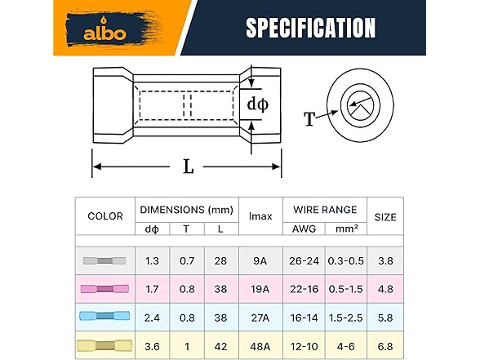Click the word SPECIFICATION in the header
pos(311,28)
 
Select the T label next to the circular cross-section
pos(310,119)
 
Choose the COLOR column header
pos(105,216)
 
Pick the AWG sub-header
pos(304,229)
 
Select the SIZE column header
pos(385,216)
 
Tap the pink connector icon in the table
pos(105,289)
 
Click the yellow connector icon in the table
pos(105,345)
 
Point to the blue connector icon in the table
pos(105,317)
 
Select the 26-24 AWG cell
pos(304,261)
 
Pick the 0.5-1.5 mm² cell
pos(346,289)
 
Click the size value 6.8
pos(385,345)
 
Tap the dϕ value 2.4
pos(152,317)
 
